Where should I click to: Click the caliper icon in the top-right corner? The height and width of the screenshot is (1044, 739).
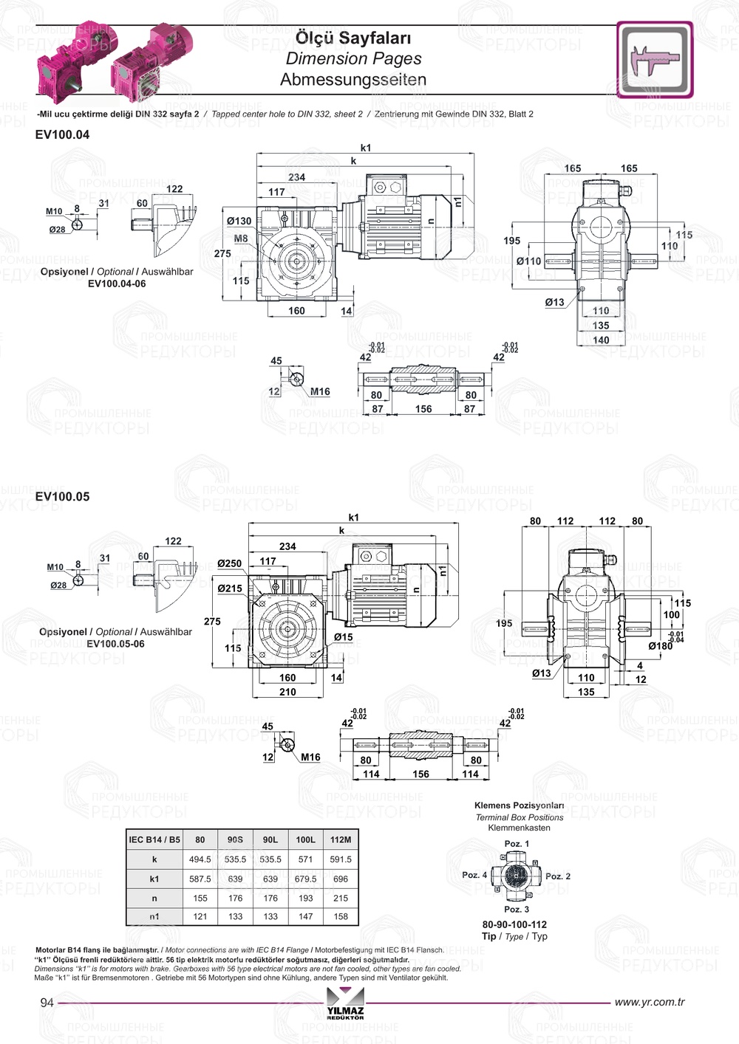coord(655,59)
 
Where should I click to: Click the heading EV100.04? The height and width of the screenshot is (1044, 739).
coord(62,135)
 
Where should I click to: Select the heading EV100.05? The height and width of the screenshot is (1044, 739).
coord(62,497)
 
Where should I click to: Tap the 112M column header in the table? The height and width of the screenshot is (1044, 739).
coord(341,839)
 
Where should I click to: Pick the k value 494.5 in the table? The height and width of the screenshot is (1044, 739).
coord(200,859)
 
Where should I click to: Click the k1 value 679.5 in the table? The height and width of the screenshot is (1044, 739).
coord(305,879)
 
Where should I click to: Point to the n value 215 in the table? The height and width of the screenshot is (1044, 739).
coord(341,899)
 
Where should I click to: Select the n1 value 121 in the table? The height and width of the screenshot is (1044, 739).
coord(200,916)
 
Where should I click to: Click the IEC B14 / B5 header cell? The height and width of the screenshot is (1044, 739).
coord(154,839)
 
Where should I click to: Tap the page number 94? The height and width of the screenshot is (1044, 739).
coord(47,1002)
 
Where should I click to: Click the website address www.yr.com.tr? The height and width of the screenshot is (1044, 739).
coord(650,1002)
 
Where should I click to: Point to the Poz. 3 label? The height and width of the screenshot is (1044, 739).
coord(517,909)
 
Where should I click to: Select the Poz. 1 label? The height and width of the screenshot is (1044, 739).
coord(517,843)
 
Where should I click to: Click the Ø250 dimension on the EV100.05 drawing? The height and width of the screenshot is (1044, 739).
coord(229,563)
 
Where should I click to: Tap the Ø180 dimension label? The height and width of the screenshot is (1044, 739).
coord(660,646)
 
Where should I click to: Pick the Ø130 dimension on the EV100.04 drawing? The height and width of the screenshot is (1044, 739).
coord(239,221)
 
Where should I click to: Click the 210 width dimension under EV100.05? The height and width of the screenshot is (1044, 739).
coord(287,692)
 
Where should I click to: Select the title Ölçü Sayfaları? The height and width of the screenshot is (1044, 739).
coord(353,38)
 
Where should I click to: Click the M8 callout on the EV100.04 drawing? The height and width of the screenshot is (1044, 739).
coord(241,238)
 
